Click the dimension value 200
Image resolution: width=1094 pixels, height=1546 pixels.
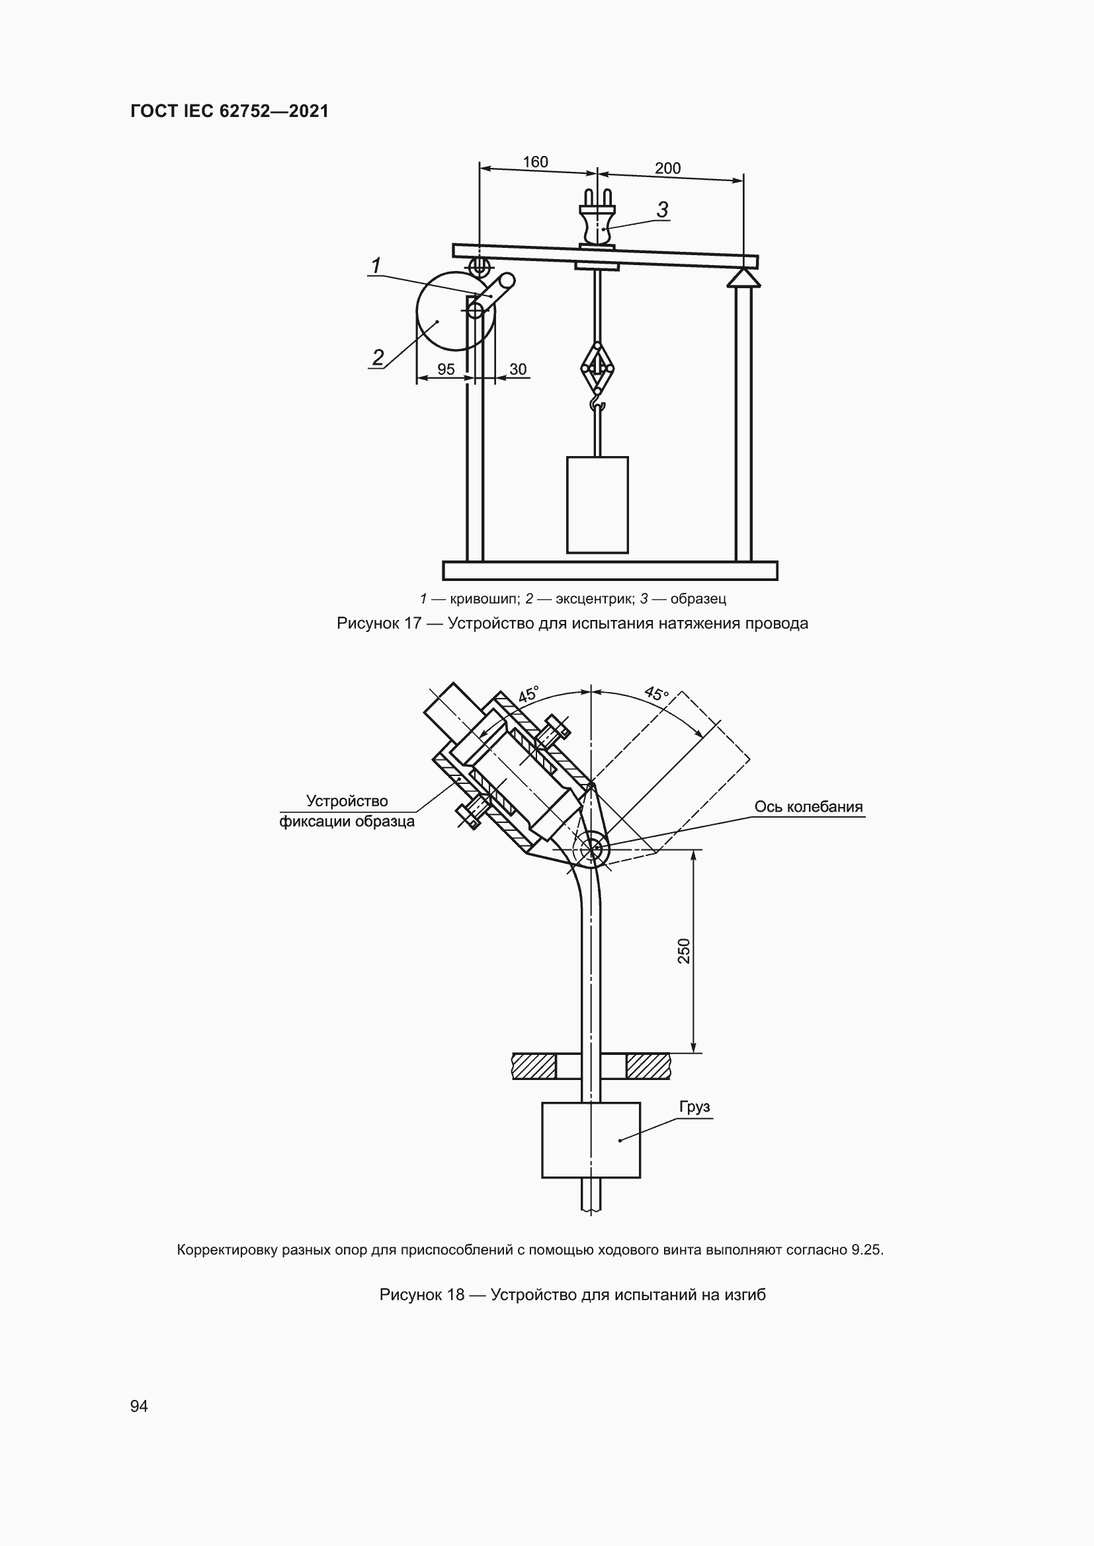click(x=667, y=169)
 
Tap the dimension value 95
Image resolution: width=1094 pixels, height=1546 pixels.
click(x=446, y=369)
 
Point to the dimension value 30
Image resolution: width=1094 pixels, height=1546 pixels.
click(x=517, y=369)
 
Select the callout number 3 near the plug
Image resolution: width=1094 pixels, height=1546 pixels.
click(x=662, y=210)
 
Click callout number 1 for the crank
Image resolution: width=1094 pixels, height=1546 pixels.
click(x=376, y=265)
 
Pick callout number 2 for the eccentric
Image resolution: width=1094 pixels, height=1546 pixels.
click(x=378, y=357)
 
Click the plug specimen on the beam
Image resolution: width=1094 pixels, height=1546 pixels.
click(x=597, y=222)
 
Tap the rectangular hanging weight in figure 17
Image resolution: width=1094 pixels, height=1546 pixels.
click(x=597, y=505)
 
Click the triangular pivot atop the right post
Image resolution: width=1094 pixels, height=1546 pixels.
click(x=743, y=278)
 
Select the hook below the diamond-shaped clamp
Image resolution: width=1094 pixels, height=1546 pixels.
click(x=597, y=403)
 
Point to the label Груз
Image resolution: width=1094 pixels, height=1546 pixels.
click(x=694, y=1107)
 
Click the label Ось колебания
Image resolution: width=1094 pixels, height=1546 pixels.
click(x=808, y=806)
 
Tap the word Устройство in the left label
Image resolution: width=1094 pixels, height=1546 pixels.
click(x=347, y=800)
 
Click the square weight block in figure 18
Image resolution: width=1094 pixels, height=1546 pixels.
click(x=591, y=1140)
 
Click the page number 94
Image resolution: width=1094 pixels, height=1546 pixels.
click(x=139, y=1406)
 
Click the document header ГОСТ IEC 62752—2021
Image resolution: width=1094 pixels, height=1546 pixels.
click(x=230, y=111)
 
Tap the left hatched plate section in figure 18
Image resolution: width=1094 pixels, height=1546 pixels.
click(x=534, y=1066)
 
